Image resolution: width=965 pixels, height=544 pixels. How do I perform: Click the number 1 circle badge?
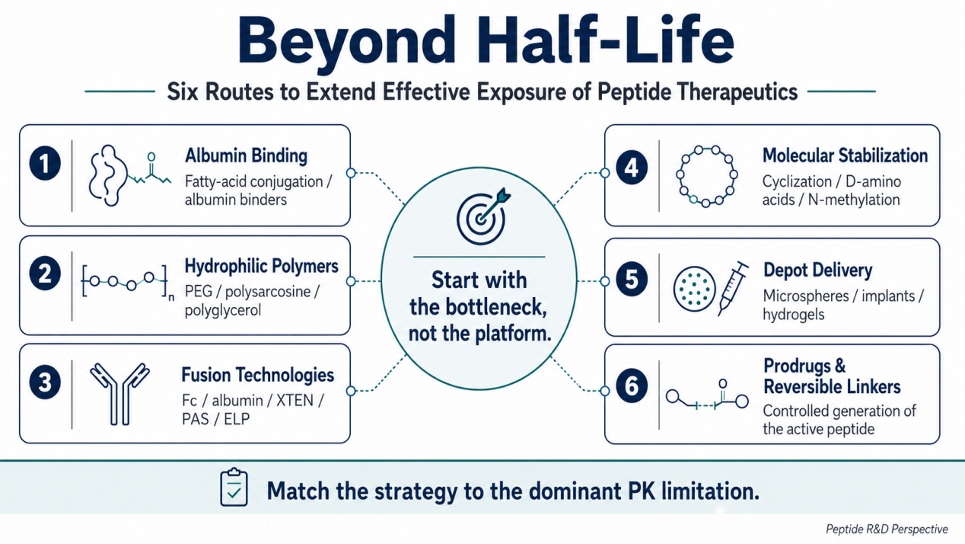click(x=45, y=163)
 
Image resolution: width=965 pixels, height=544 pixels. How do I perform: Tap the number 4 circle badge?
click(x=632, y=168)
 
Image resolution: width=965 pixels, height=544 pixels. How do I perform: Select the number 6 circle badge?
click(x=632, y=386)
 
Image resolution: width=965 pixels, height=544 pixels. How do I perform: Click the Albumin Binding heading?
click(x=246, y=155)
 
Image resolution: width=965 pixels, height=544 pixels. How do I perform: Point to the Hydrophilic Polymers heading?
click(x=262, y=266)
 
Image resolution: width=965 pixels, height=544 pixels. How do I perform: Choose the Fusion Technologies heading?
click(x=258, y=375)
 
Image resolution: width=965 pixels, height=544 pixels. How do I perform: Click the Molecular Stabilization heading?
click(x=845, y=155)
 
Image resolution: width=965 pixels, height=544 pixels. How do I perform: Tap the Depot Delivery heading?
click(x=817, y=270)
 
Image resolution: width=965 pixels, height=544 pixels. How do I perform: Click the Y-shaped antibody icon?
click(x=119, y=394)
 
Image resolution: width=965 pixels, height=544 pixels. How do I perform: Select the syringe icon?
click(x=733, y=288)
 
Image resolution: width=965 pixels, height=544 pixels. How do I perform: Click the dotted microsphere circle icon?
click(x=694, y=289)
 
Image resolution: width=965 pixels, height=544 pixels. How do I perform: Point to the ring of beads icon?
click(x=706, y=177)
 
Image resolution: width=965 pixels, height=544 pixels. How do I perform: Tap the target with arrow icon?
click(x=483, y=216)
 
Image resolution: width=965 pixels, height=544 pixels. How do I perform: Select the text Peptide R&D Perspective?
click(x=887, y=529)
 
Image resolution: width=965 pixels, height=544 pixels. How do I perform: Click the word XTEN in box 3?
click(x=295, y=401)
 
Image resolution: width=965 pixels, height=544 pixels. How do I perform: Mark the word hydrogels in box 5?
click(x=794, y=315)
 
